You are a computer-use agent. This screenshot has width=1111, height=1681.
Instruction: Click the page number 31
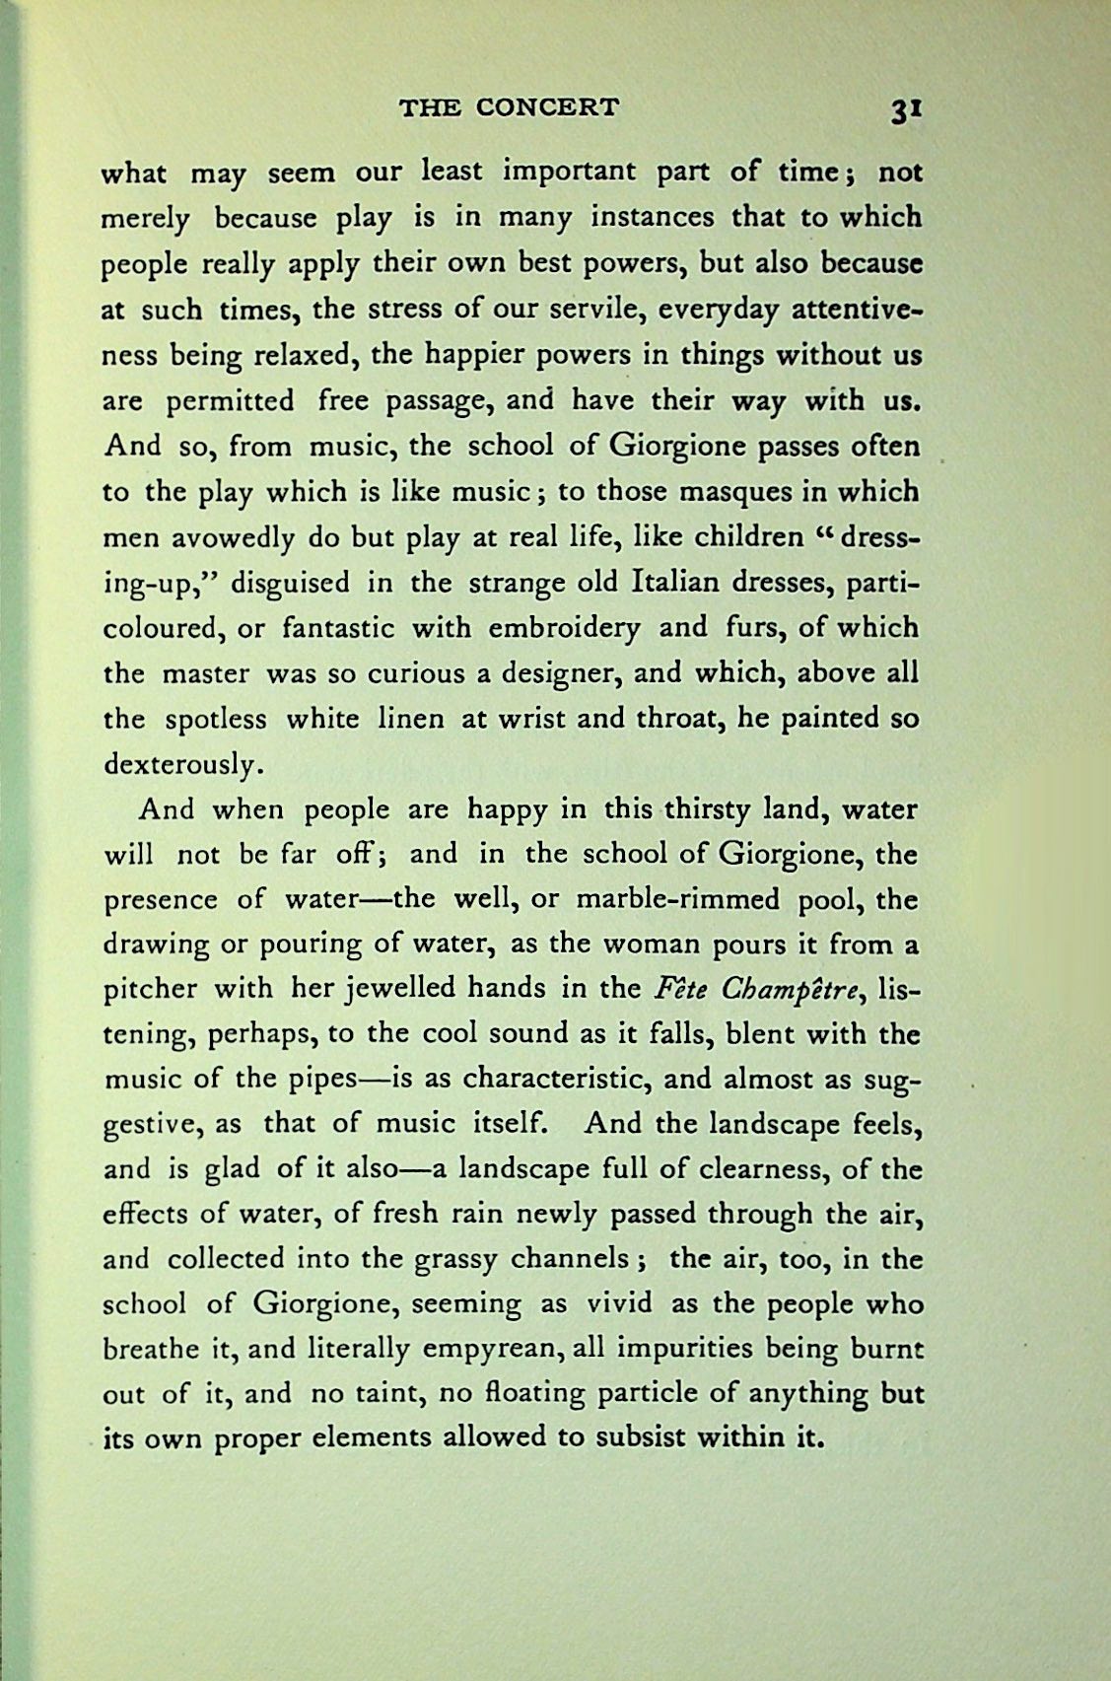[x=904, y=109]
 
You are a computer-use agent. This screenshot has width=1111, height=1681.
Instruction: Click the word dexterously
[x=182, y=764]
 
